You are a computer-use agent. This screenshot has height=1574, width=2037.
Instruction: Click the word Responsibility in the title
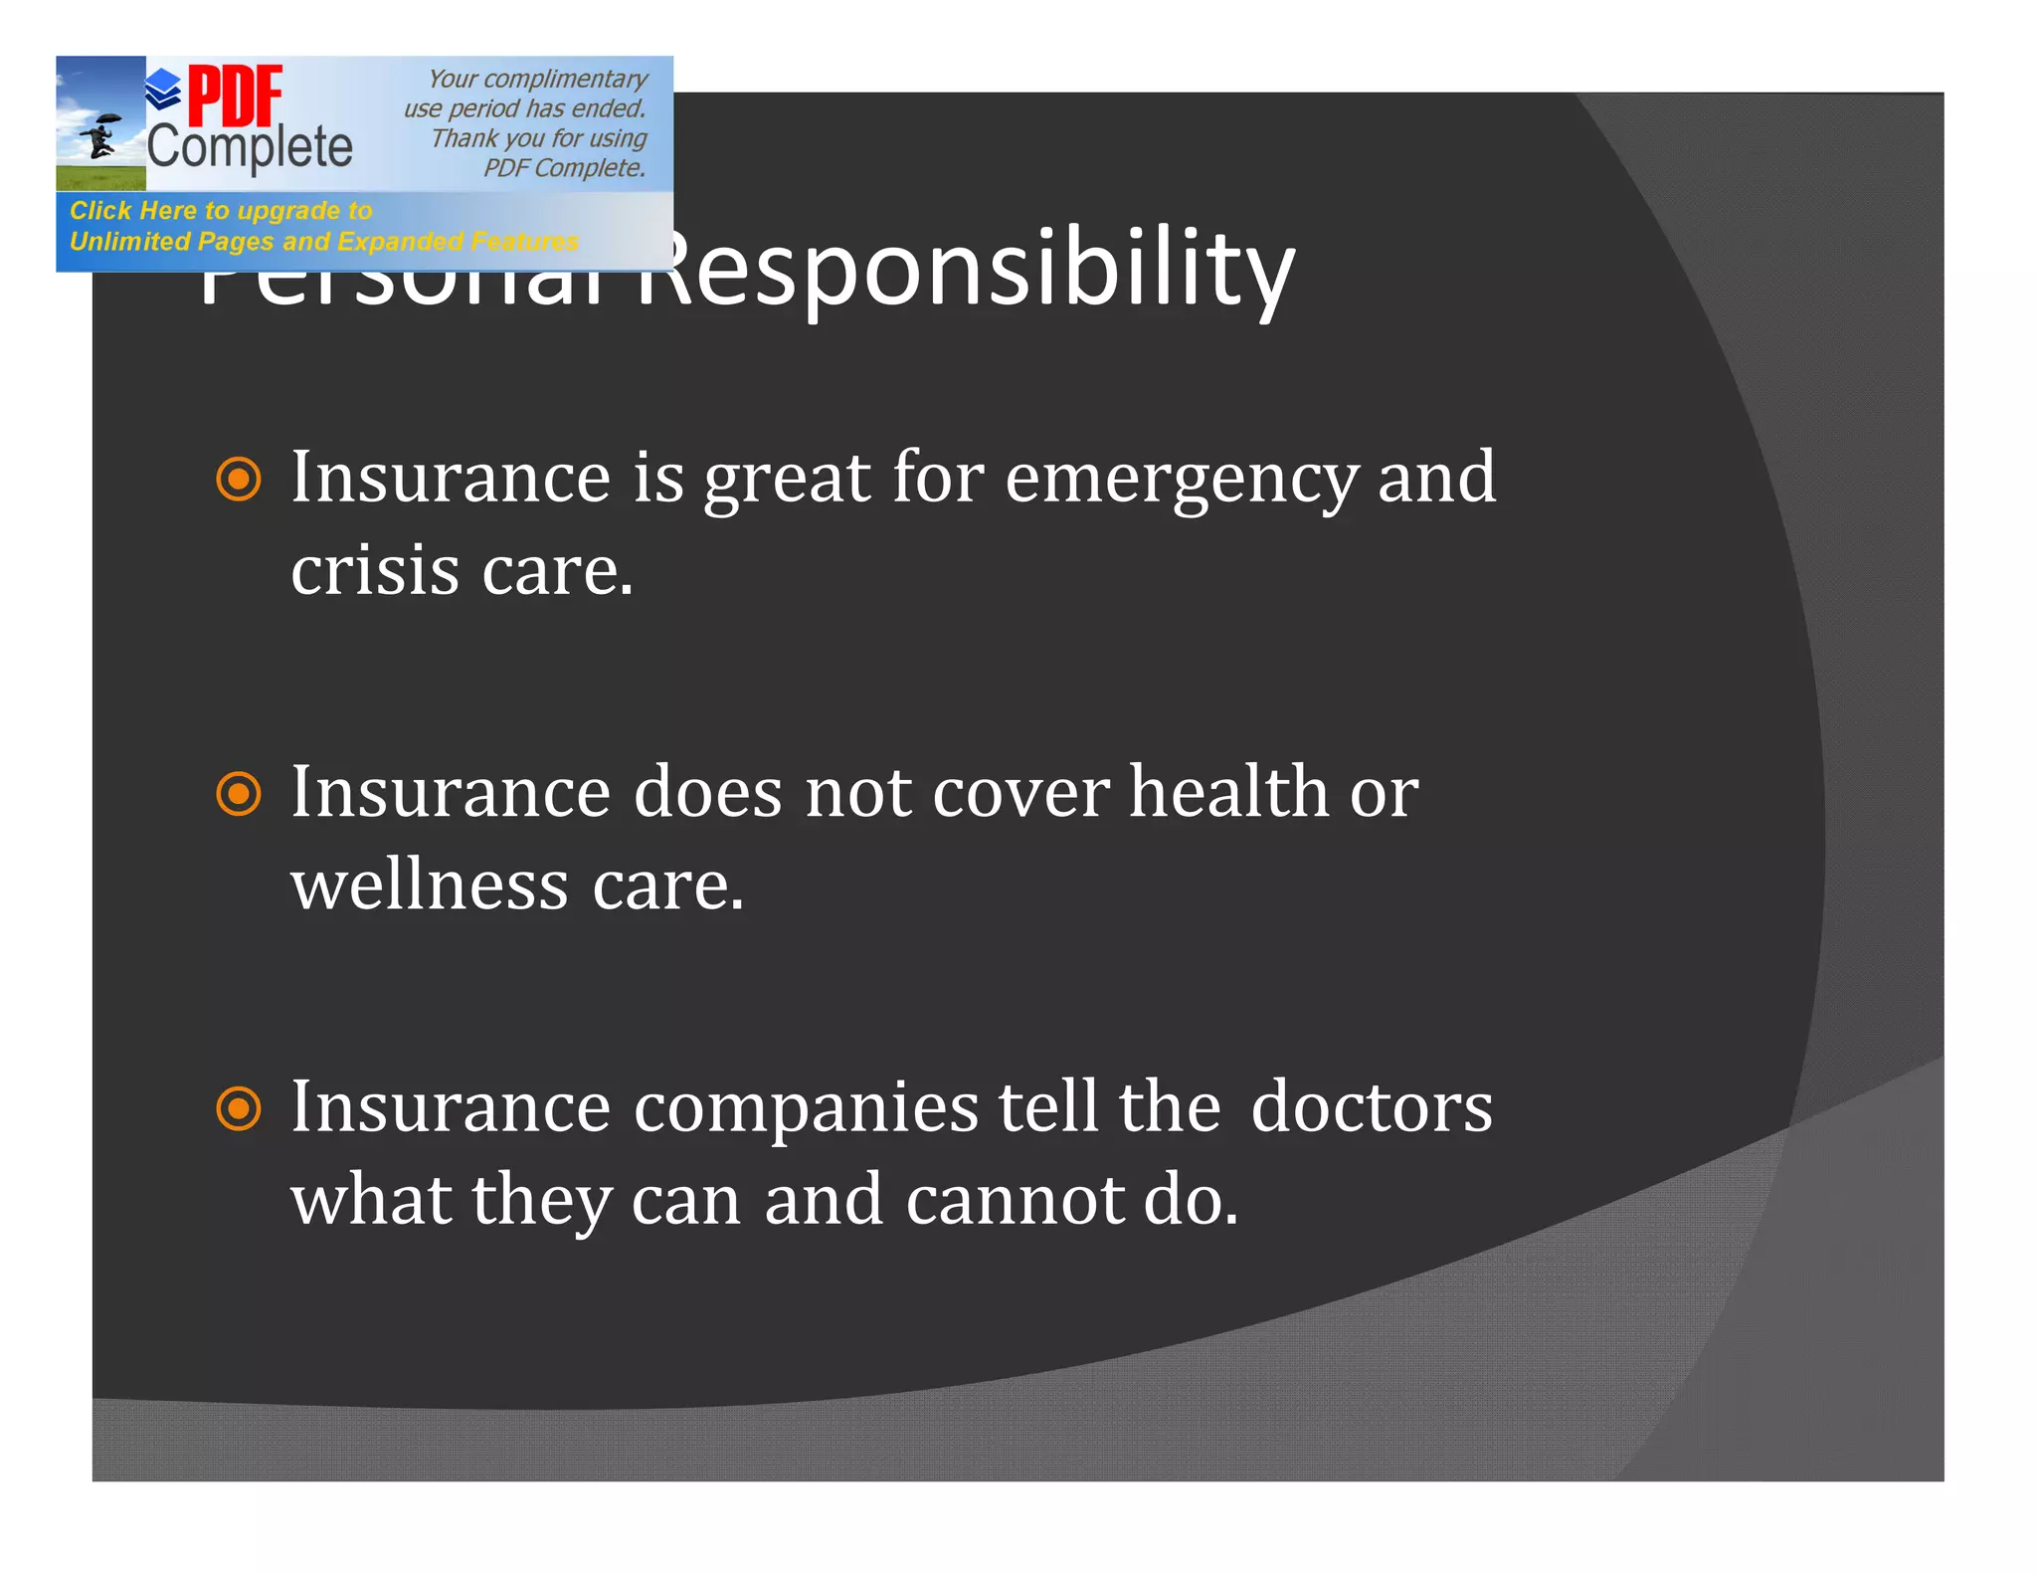970,271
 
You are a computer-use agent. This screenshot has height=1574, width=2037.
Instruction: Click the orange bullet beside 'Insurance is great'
239,480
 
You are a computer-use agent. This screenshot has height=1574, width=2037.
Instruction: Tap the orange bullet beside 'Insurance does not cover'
239,794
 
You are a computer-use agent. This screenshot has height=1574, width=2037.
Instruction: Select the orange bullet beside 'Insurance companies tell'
239,1108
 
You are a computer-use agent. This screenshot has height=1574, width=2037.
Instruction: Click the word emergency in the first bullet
1181,480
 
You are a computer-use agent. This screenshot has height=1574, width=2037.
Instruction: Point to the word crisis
375,572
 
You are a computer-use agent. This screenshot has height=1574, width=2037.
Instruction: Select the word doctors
1372,1107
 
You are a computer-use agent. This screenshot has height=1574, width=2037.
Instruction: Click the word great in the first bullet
787,480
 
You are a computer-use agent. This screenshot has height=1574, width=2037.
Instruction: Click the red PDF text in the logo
236,97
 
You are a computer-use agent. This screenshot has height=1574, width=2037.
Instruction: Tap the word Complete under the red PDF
250,147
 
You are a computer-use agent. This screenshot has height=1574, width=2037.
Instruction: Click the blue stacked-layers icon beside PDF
163,90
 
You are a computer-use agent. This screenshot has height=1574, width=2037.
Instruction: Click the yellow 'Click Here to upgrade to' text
221,211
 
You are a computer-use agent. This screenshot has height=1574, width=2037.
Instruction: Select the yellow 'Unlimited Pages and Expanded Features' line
323,242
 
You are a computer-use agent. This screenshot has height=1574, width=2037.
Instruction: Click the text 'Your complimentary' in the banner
537,79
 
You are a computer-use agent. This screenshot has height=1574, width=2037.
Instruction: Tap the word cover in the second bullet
1020,793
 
